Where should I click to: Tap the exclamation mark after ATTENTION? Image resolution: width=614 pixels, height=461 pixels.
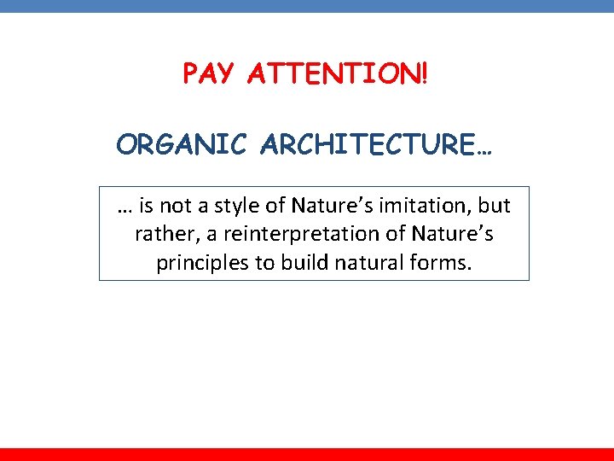pos(424,74)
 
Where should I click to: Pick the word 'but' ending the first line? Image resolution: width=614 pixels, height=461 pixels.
pos(495,206)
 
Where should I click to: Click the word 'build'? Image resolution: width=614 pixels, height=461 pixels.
pos(300,262)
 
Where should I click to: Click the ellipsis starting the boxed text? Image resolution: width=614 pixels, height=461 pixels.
pos(125,209)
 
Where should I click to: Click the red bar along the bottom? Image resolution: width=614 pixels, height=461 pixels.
pos(307,454)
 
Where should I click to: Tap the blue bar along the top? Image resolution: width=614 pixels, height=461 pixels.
pos(307,5)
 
